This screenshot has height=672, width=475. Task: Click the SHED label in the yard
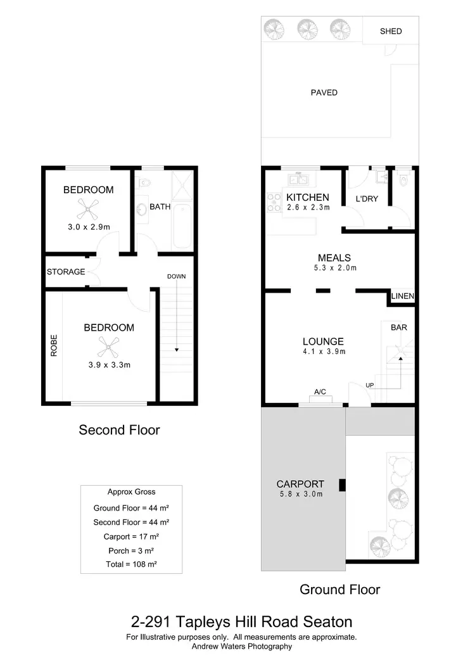(x=390, y=31)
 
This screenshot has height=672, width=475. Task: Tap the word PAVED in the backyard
(x=324, y=92)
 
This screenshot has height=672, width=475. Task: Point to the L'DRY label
(x=367, y=199)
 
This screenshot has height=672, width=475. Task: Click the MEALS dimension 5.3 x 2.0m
(x=334, y=268)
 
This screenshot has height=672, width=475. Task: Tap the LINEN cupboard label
(x=402, y=296)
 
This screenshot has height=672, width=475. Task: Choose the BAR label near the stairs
(x=398, y=327)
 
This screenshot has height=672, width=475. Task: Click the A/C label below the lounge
(x=320, y=392)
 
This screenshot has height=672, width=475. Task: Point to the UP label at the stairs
(x=369, y=385)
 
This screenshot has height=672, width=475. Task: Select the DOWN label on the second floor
(x=176, y=276)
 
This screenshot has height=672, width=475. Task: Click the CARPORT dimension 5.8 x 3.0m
(x=301, y=494)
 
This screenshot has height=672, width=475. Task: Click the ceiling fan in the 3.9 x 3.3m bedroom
(x=109, y=346)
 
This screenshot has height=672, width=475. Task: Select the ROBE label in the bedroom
(x=54, y=345)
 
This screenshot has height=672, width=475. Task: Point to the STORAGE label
(x=66, y=272)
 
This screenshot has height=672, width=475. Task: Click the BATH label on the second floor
(x=160, y=206)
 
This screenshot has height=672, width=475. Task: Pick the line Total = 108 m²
(x=131, y=564)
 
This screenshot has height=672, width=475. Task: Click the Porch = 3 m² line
(x=131, y=550)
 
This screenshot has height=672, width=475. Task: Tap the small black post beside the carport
(x=343, y=485)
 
